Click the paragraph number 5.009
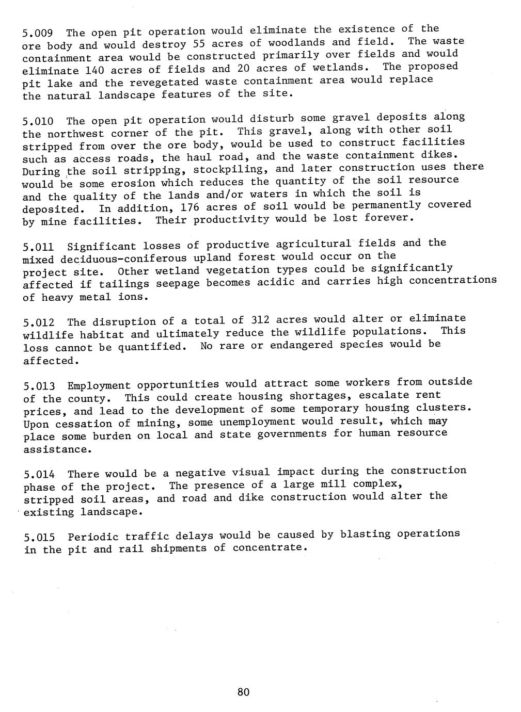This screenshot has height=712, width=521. coord(38,34)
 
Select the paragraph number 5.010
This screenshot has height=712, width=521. coord(38,122)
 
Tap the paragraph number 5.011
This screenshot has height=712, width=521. coord(38,248)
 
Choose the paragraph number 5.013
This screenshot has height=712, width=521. coord(38,386)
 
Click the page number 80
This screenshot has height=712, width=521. coord(243,692)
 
